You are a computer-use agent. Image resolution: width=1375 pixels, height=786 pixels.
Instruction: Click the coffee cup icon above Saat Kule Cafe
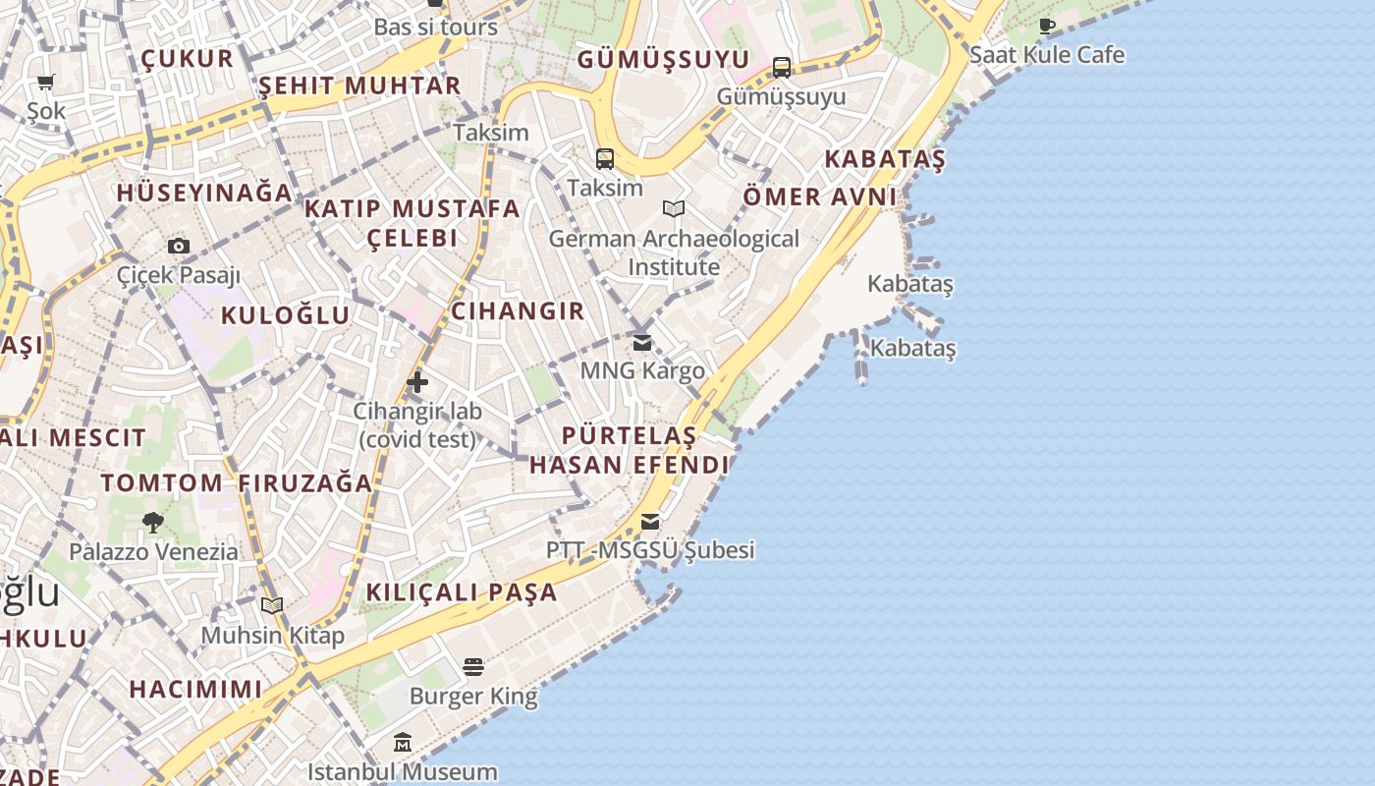1047,26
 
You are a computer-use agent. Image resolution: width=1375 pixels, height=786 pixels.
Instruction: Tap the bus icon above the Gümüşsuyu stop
782,67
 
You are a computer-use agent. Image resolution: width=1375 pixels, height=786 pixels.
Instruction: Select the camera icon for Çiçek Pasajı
178,246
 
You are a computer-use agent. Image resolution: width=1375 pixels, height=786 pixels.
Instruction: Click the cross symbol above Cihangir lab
417,381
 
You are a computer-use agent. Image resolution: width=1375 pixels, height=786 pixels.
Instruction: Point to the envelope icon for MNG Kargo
642,343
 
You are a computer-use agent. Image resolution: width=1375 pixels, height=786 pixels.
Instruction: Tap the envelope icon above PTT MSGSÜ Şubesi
650,521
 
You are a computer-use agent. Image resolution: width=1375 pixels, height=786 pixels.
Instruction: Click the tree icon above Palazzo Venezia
152,522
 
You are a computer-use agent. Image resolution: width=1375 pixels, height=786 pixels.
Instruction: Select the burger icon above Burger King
473,668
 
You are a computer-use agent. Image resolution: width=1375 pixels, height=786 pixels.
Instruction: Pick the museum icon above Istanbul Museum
403,743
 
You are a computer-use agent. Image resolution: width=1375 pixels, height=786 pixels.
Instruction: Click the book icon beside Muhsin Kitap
272,606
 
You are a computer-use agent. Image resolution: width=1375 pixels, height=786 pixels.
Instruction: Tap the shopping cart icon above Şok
46,83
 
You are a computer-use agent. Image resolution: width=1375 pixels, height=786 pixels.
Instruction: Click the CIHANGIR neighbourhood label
518,311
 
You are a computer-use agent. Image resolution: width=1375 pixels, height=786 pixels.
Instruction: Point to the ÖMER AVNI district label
819,196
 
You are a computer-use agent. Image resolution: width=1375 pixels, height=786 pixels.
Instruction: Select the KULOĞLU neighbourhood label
285,315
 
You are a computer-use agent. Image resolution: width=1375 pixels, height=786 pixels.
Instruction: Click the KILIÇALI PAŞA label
462,592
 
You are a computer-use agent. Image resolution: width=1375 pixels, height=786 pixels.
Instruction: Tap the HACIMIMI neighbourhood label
196,689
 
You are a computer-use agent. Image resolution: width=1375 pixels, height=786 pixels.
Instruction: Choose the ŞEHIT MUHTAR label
359,85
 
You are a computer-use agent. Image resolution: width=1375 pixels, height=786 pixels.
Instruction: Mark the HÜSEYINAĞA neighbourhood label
204,193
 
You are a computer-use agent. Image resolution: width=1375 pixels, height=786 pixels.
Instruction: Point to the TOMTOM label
162,483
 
